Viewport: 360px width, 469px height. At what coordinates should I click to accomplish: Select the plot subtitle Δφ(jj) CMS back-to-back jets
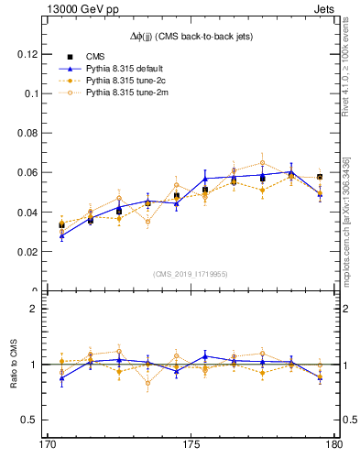click(191, 36)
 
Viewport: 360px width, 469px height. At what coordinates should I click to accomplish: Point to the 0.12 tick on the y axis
click(30, 54)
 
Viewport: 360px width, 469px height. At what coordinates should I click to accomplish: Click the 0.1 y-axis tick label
click(34, 93)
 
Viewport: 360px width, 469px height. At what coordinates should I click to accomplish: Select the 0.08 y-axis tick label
click(30, 133)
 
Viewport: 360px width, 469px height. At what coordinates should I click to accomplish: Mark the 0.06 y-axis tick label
click(30, 172)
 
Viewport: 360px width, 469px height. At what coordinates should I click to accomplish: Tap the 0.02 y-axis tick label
click(30, 251)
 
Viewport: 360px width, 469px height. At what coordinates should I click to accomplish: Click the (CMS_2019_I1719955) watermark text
click(191, 273)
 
